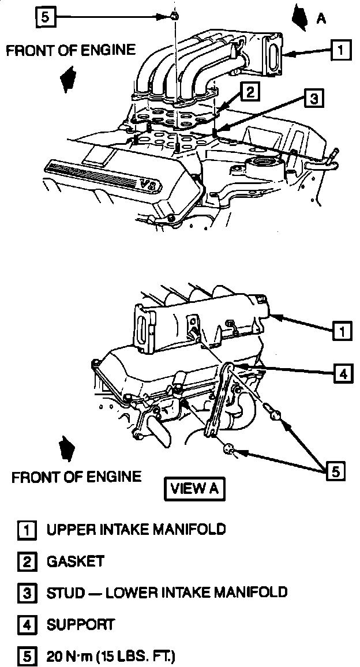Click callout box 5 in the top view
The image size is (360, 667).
click(x=46, y=17)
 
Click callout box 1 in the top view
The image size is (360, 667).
click(x=340, y=50)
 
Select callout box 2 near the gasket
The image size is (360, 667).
click(x=249, y=91)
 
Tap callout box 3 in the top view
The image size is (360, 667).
click(x=313, y=99)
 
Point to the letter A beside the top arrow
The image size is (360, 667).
click(x=321, y=18)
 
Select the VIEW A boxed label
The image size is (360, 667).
click(x=194, y=489)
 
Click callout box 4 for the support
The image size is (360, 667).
click(x=343, y=373)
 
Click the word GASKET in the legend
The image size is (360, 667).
click(x=76, y=561)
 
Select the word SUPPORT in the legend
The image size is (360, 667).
click(x=81, y=624)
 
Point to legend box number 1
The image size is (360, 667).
click(x=27, y=530)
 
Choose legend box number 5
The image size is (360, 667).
click(x=27, y=657)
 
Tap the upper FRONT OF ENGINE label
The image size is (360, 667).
click(x=71, y=50)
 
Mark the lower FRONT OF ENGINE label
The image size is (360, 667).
click(x=77, y=477)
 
